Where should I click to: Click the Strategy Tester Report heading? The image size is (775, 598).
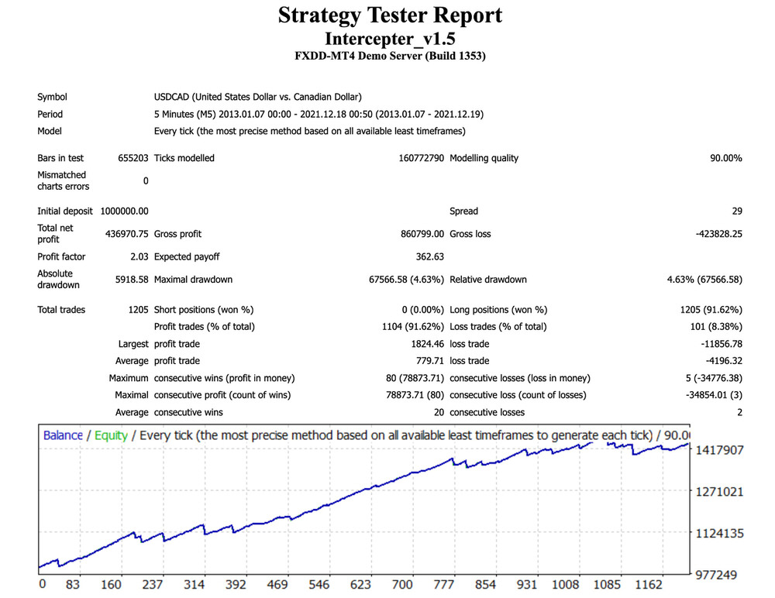390,15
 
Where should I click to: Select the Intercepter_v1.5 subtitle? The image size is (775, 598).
390,38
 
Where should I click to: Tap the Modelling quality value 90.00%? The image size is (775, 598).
725,158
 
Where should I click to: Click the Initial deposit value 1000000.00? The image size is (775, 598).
124,211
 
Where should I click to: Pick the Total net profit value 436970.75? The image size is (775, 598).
126,233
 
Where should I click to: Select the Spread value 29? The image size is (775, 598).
736,211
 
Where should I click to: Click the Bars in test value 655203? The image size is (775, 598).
133,158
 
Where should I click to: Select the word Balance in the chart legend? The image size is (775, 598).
63,435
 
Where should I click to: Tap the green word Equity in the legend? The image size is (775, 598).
111,435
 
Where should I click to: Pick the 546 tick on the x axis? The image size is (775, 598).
319,584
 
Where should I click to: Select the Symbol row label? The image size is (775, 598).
52,97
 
